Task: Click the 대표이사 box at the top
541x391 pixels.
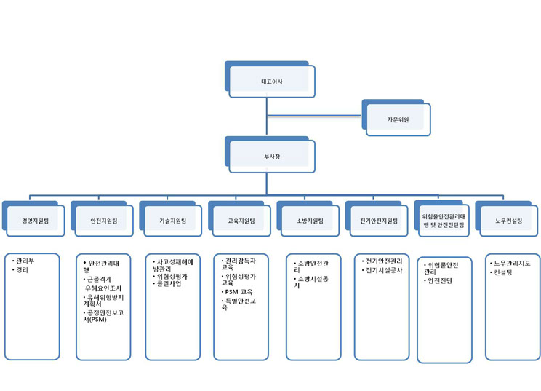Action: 271,80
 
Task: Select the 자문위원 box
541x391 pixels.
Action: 398,118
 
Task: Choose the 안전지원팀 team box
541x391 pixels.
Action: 103,219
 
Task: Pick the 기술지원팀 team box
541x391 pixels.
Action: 172,219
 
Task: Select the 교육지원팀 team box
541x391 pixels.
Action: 241,219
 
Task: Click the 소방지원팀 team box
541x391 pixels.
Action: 310,219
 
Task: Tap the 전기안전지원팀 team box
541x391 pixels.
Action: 379,219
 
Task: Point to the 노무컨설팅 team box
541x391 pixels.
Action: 505,219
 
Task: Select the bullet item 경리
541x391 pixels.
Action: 22,269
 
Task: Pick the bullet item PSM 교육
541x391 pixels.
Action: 237,291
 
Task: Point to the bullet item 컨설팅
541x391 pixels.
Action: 504,272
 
